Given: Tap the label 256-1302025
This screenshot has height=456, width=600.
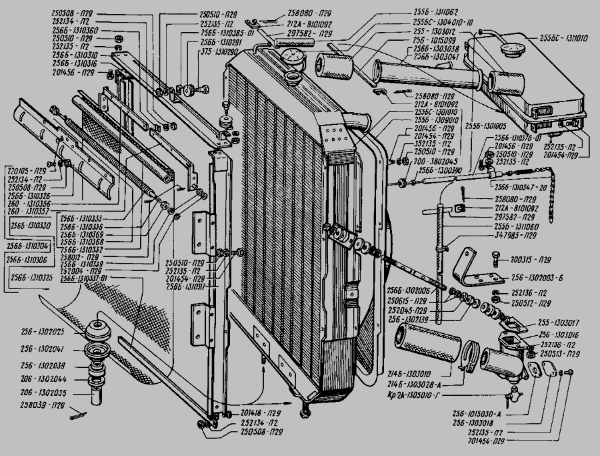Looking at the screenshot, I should [42, 332].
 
